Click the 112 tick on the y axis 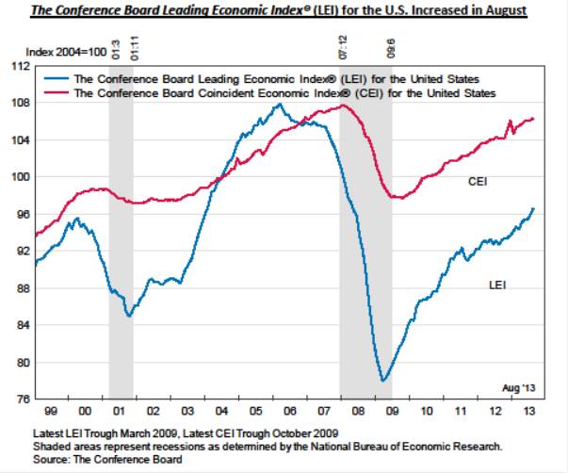point(18,66)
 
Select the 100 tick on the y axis point(18,177)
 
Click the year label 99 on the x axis point(51,413)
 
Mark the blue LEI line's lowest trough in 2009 point(382,381)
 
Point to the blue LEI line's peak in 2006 point(278,105)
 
